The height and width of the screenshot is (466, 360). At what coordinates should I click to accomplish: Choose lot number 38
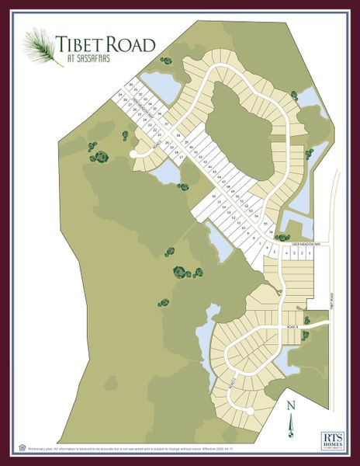click(x=178, y=135)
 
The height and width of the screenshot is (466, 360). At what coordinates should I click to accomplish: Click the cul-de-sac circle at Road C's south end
click(x=249, y=409)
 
